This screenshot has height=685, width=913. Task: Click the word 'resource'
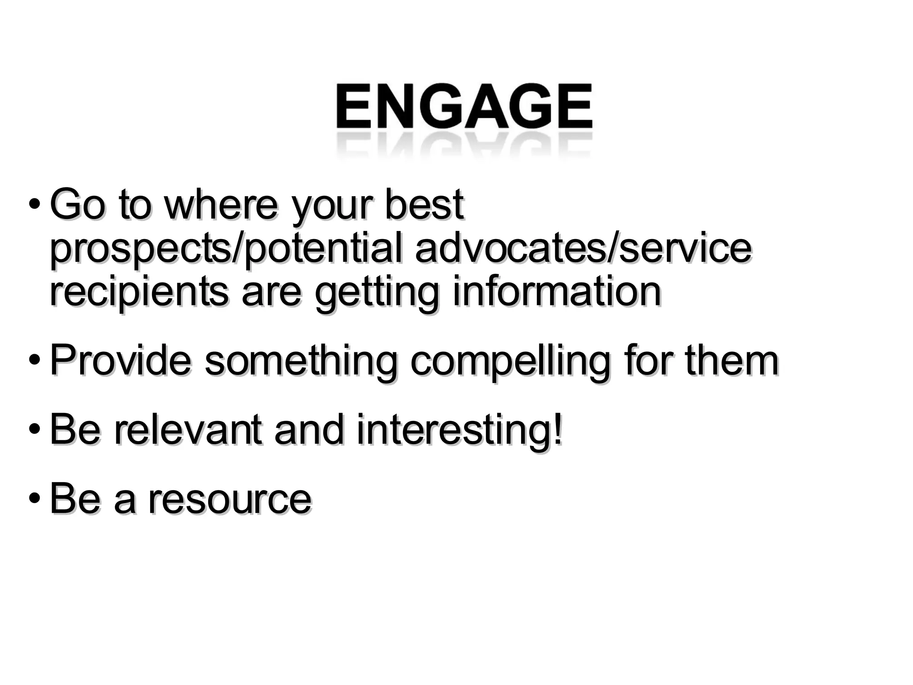click(x=230, y=499)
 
